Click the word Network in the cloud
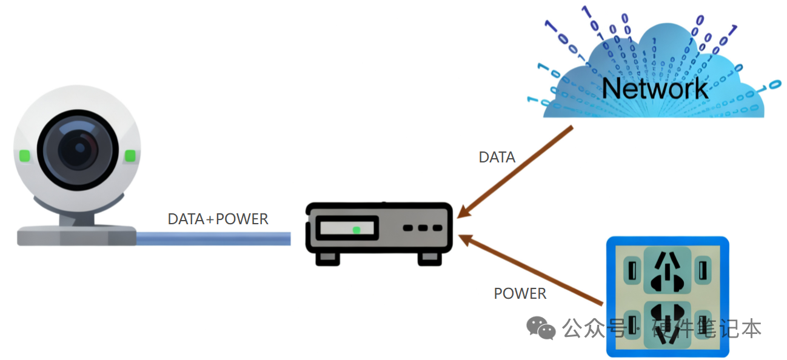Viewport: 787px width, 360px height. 655,88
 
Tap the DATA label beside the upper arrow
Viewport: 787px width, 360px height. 497,158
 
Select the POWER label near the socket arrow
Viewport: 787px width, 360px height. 520,294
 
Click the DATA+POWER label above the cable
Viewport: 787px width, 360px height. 218,219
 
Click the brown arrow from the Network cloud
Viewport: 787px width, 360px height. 515,171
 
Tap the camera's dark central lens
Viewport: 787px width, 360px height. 77,149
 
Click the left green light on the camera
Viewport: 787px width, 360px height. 24,155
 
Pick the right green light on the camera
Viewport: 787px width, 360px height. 130,156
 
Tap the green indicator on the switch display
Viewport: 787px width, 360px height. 356,230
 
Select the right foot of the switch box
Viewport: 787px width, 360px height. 429,258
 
